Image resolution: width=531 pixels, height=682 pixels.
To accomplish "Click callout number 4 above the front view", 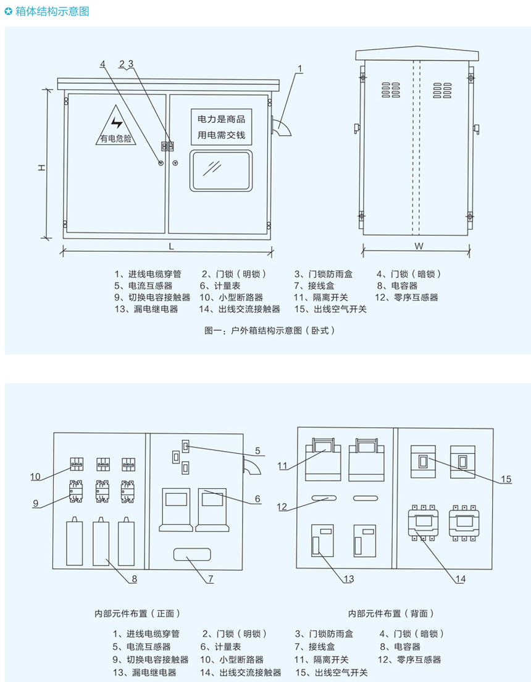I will coord(102,64).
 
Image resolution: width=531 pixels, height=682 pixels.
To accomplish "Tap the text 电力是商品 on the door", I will coord(221,119).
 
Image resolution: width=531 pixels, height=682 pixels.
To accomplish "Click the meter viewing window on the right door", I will coord(221,170).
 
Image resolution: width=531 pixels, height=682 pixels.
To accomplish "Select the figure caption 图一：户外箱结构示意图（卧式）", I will coord(269,330).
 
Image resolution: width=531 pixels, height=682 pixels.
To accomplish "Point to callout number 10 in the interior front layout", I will coord(35,476).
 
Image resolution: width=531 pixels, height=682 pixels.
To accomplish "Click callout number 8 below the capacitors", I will coord(133,579).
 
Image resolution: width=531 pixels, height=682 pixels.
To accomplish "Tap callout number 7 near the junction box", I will coord(211,579).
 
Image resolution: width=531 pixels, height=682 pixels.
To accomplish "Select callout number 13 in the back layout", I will coord(349,579).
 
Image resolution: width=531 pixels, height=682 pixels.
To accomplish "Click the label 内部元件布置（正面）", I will coord(137,613).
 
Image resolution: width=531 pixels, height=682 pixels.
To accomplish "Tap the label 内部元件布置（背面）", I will coord(391,613).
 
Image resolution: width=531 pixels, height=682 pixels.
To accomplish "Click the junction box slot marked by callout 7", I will coord(190,554).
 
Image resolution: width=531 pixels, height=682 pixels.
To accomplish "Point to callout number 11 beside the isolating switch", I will coord(282,466).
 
